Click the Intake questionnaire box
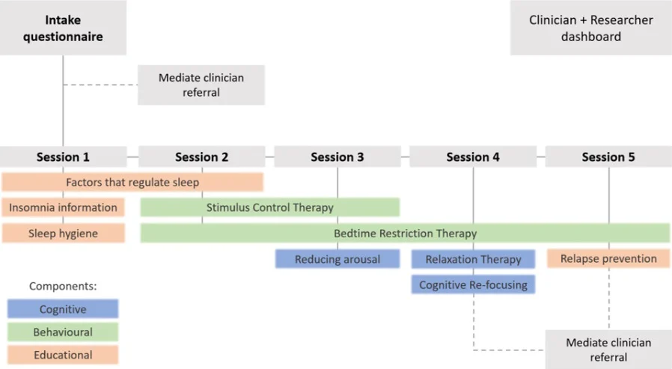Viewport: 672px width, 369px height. tap(63, 27)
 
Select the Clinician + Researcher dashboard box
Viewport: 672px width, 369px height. tap(590, 28)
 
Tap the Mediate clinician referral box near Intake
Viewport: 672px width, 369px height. tap(201, 85)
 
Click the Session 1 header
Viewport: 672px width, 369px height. tap(63, 157)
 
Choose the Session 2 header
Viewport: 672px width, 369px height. tap(201, 157)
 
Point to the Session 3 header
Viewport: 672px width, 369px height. tap(337, 157)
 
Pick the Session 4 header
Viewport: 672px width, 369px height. tap(472, 157)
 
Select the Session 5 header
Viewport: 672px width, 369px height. tap(608, 157)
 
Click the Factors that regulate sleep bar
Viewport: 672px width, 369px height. tap(132, 182)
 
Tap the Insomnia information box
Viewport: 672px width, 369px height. tap(63, 207)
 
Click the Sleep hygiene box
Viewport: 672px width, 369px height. tap(63, 234)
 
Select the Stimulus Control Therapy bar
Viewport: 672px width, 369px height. tap(269, 207)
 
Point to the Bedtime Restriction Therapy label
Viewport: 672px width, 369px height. tap(405, 234)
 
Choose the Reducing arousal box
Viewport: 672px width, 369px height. tap(337, 259)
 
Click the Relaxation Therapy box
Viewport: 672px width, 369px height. tap(473, 259)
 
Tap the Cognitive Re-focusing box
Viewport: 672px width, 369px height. tap(473, 284)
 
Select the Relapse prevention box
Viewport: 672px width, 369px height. tap(608, 259)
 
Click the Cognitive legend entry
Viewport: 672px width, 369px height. tap(63, 309)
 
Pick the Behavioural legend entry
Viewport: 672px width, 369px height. tap(63, 332)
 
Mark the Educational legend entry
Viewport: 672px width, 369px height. tap(63, 356)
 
